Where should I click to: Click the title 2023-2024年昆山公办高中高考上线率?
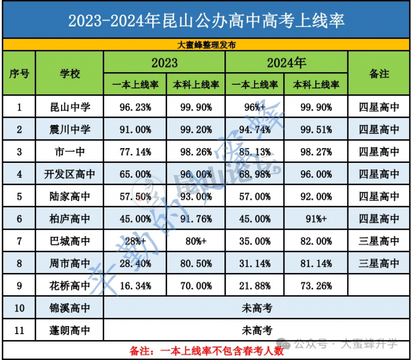[205, 20]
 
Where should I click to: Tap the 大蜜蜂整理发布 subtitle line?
[205, 45]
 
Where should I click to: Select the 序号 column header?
[19, 74]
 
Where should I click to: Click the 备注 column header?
[379, 74]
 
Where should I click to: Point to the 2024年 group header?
[286, 63]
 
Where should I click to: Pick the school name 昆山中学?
[69, 108]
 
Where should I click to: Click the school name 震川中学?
[69, 130]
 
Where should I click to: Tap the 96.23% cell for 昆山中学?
[135, 108]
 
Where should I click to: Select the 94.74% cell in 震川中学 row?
[255, 130]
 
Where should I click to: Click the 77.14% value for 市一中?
[135, 152]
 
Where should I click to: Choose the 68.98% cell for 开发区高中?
[255, 174]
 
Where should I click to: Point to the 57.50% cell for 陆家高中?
[135, 197]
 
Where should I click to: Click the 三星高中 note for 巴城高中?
[379, 241]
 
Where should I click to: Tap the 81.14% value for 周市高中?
[316, 264]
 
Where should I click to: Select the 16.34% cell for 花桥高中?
[135, 286]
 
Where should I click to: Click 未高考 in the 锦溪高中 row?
[257, 308]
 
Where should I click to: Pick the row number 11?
[19, 330]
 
